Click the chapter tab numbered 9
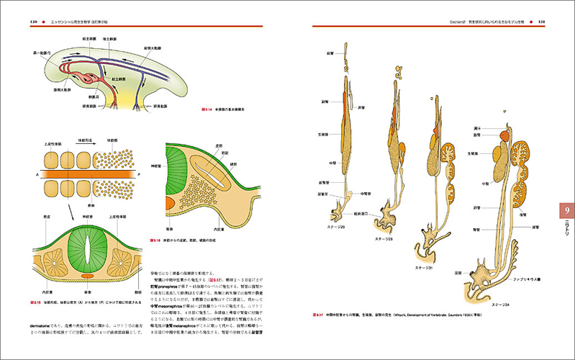pyautogui.click(x=566, y=210)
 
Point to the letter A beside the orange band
pyautogui.click(x=35, y=174)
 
